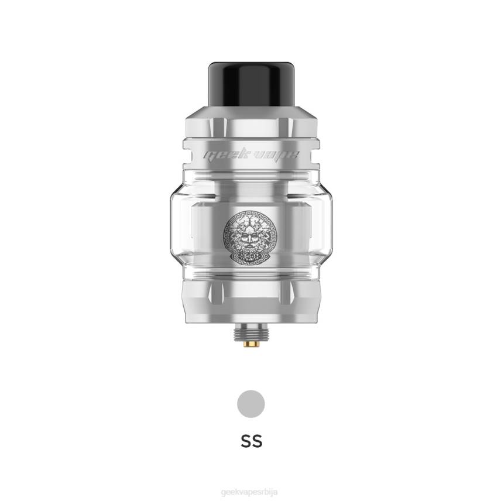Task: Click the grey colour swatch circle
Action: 251,404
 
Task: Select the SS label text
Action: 251,441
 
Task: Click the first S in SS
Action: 245,441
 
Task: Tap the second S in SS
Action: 257,441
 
